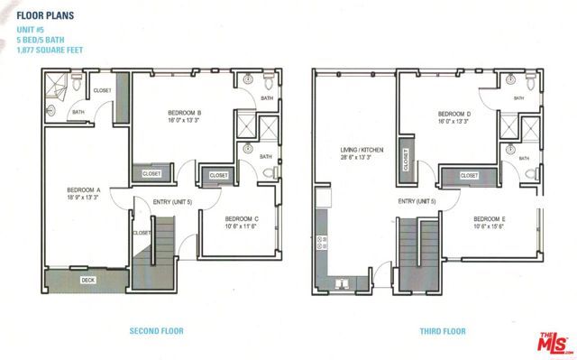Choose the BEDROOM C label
[243, 218]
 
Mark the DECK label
[87, 281]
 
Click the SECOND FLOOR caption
[157, 331]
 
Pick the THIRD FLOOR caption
[442, 331]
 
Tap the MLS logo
[553, 344]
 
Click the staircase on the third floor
[417, 253]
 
